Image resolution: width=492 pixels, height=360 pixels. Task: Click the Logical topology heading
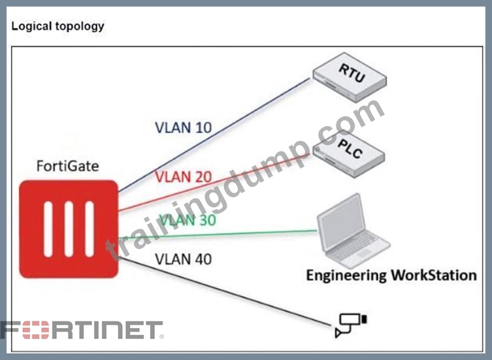coord(57,26)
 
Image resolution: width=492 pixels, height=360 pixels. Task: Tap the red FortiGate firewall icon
coord(69,229)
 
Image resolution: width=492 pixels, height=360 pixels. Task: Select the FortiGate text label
coord(68,166)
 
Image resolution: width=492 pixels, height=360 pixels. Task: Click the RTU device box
coord(350,77)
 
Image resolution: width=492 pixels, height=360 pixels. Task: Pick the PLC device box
coord(349,154)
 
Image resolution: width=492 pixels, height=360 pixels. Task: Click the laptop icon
coord(353,231)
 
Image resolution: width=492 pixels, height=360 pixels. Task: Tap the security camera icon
coord(351,325)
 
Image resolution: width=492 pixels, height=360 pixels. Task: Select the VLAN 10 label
coord(183,127)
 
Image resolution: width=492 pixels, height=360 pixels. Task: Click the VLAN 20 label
coord(183,177)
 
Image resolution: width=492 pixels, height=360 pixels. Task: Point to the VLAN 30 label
coord(188,220)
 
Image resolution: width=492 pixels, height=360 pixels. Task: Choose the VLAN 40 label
coord(183,259)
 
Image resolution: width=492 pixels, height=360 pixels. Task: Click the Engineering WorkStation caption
coord(391,275)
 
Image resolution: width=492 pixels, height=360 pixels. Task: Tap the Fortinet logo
coord(82,330)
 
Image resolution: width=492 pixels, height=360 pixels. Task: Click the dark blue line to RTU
coord(214,135)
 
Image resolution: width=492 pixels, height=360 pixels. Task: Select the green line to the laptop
coord(218,235)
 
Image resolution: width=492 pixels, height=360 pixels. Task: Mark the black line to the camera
coord(225,291)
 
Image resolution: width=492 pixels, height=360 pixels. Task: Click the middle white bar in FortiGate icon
coord(69,229)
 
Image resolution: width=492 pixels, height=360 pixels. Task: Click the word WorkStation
coord(434,275)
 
